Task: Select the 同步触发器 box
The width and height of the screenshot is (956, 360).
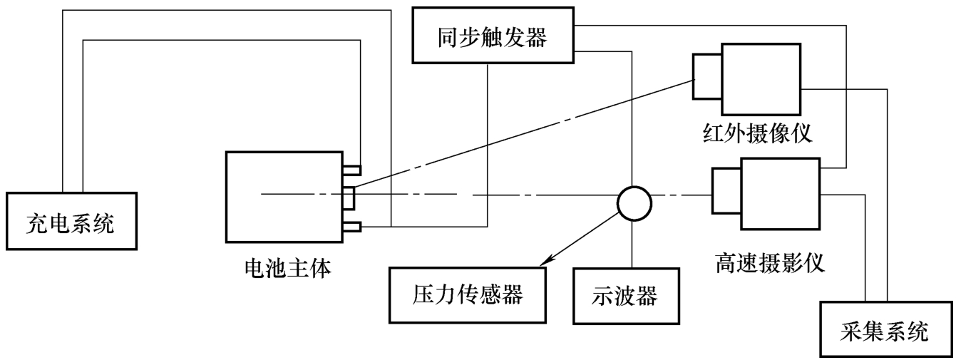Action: click(x=493, y=38)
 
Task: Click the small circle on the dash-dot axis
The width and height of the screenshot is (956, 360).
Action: click(x=633, y=203)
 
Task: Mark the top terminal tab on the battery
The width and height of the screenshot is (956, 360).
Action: click(x=351, y=170)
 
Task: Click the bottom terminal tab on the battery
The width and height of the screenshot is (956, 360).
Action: click(x=351, y=227)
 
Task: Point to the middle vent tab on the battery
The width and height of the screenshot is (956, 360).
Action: click(x=348, y=197)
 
